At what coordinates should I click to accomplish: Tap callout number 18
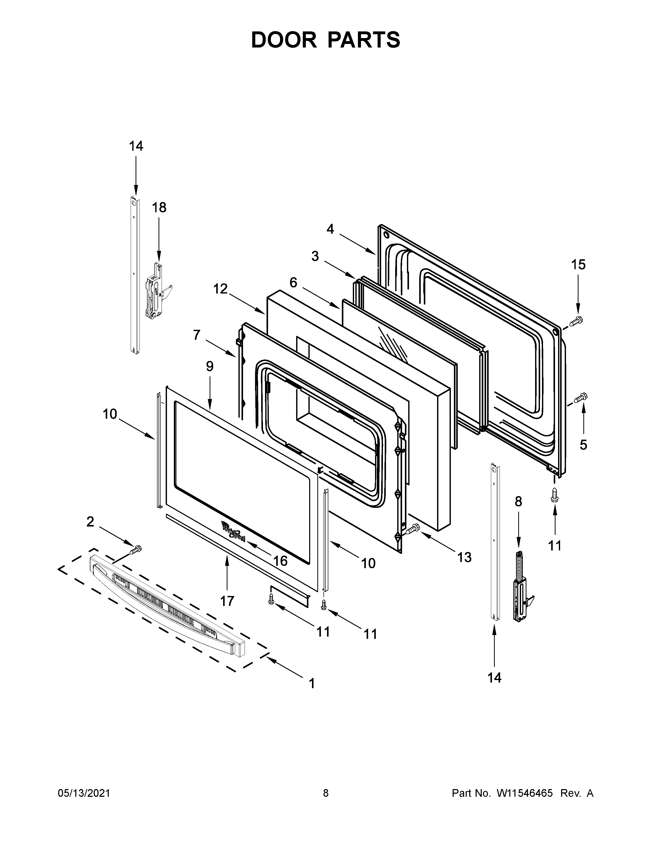click(x=159, y=208)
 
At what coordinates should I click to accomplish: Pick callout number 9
click(x=209, y=366)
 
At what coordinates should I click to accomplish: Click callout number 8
click(x=518, y=501)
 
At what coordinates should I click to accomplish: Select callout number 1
click(x=312, y=684)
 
